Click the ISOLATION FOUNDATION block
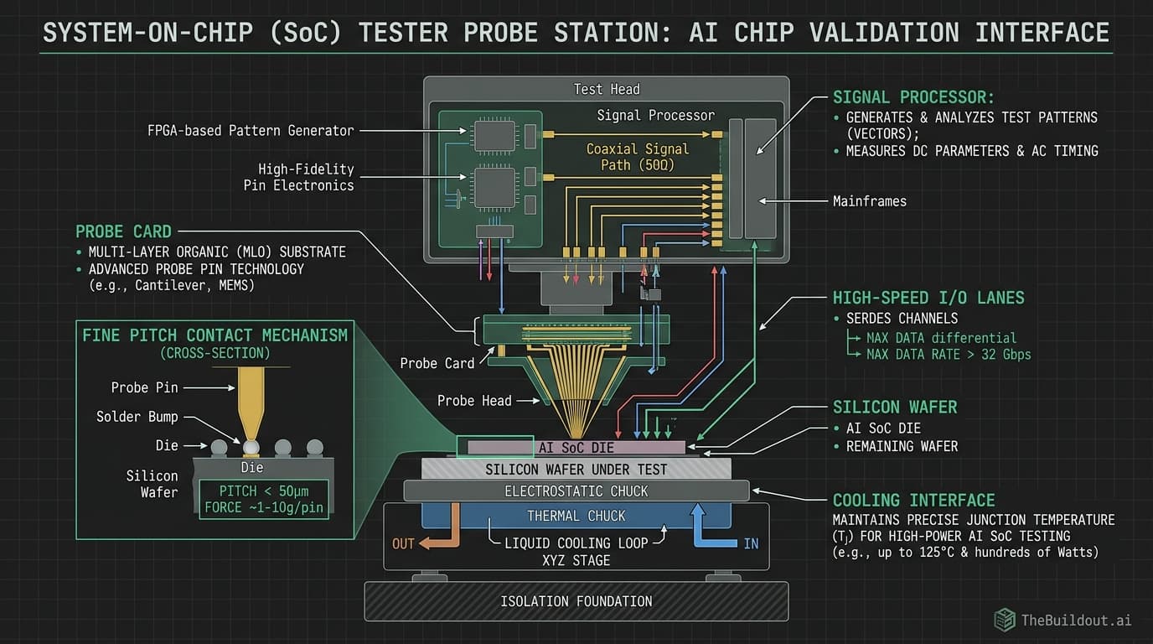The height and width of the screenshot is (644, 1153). pos(576,601)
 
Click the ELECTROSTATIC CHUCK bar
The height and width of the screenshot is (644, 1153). pos(576,491)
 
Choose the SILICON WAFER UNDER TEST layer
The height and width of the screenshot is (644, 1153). pos(576,469)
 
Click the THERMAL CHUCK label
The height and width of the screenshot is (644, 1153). pos(576,516)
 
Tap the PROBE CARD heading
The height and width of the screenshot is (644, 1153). pos(123,231)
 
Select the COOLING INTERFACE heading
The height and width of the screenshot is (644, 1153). pos(913,501)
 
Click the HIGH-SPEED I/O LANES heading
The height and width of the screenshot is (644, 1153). pos(928,298)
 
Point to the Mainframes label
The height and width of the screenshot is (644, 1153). pos(869,201)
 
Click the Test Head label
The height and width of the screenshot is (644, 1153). pos(606,89)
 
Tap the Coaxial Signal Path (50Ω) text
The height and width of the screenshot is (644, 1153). pos(637,157)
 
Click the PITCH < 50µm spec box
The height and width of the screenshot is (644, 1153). pos(264,499)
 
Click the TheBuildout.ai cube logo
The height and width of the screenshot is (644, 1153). pos(1004,620)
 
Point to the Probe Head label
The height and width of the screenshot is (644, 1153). pos(473,401)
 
